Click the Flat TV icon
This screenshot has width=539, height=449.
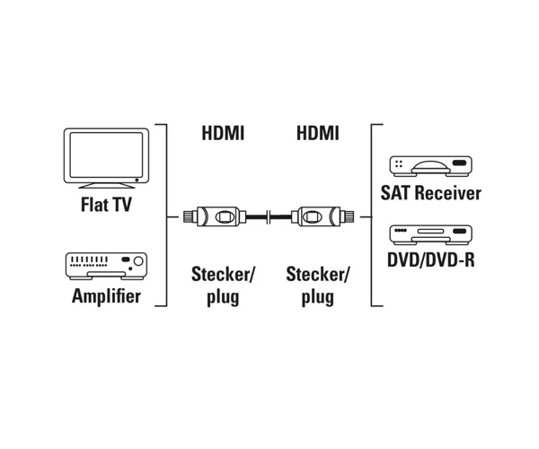coord(106,158)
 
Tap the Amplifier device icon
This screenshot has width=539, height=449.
coord(106,266)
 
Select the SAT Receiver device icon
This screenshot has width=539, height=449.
coord(430,166)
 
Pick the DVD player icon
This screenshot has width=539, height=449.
coord(430,235)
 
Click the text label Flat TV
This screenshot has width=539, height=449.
coord(106,205)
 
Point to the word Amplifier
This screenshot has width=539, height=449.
coord(106,296)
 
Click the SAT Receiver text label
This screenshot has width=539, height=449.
coord(430,193)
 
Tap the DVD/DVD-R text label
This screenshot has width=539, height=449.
coord(430,260)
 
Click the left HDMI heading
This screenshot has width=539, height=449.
coord(223,133)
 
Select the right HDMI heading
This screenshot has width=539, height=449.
coord(318,133)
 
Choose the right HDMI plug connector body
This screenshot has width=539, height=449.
coord(315,216)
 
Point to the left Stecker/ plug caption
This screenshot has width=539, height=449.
coord(223,286)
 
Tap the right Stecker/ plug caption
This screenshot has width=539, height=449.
coord(318,286)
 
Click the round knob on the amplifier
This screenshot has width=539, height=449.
coord(138,261)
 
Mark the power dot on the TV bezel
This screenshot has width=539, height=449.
coord(137,180)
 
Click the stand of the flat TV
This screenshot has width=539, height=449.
coord(107,186)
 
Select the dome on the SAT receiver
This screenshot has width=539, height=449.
coord(431,167)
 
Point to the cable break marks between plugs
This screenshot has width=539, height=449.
coord(269,216)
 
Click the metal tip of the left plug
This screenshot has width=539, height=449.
coord(188,216)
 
